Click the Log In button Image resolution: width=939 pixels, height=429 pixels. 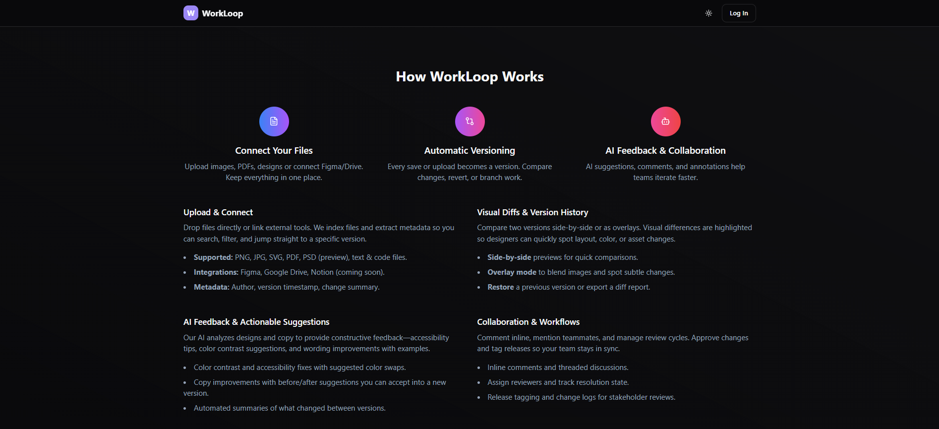738,13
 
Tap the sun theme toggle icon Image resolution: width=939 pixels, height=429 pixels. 708,13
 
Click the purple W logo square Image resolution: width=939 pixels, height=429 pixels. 190,13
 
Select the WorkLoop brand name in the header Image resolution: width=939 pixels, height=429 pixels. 222,13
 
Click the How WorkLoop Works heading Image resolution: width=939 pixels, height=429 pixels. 469,77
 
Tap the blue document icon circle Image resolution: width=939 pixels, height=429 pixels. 274,122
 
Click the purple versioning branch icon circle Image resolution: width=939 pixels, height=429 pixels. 469,122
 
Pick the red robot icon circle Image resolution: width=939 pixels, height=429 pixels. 665,122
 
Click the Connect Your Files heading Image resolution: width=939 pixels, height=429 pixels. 274,151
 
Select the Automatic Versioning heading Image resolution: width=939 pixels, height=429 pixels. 469,151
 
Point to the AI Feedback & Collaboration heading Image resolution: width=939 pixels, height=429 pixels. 665,151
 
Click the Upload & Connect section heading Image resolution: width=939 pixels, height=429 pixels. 218,212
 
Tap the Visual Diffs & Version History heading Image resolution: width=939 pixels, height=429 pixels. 532,212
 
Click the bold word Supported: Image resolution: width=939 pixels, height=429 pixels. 213,257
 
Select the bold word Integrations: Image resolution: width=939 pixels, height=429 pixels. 216,272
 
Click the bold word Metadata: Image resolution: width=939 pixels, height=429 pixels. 212,287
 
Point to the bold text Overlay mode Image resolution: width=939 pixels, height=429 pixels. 512,272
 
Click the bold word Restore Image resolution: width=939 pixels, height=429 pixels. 500,287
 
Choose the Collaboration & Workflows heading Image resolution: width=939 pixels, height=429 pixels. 528,322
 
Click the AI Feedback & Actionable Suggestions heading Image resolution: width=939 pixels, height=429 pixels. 256,322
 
